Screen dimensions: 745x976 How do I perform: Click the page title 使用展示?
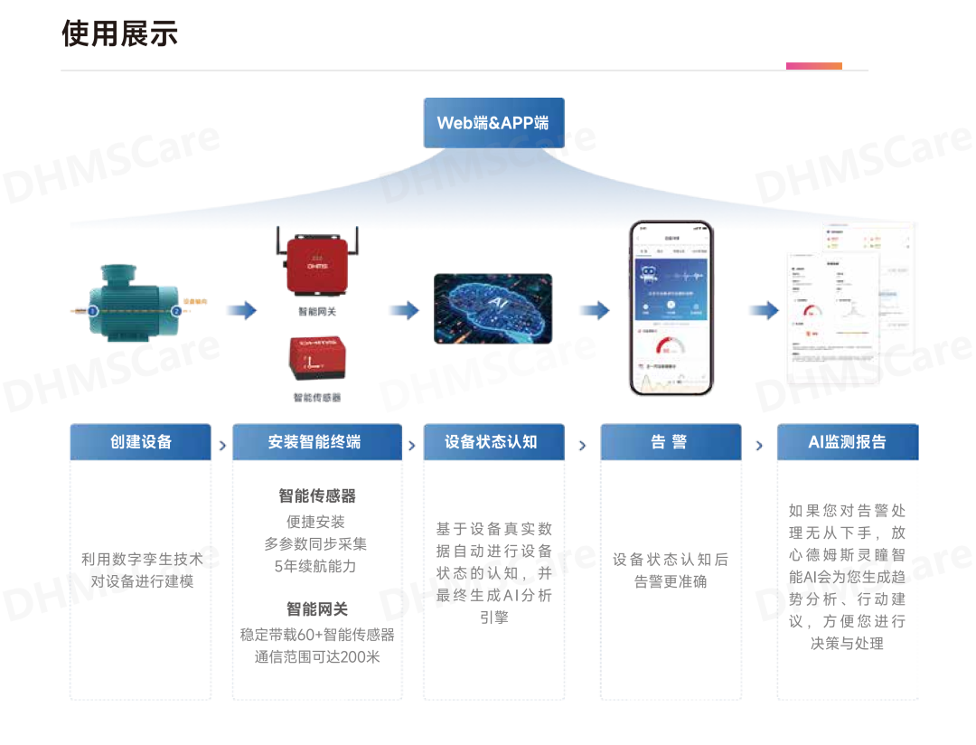point(119,34)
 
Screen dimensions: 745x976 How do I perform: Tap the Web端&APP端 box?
point(493,123)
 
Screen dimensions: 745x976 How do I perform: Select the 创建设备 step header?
point(141,442)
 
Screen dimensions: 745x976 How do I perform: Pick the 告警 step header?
point(669,442)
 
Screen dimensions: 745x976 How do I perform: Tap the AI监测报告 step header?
point(847,442)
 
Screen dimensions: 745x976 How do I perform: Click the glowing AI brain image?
point(493,308)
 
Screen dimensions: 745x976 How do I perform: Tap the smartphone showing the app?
point(671,307)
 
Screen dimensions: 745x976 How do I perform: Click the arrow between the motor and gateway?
point(241,311)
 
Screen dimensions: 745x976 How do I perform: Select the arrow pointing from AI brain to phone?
point(594,311)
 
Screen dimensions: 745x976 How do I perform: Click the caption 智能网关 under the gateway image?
point(317,312)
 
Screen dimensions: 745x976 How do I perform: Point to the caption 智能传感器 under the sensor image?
point(317,398)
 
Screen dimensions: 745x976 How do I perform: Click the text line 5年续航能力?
point(315,566)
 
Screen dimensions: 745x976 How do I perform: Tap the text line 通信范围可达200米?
point(317,656)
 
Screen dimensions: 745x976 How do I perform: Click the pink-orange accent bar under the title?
point(813,66)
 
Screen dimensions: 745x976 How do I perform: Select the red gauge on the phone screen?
point(671,347)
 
